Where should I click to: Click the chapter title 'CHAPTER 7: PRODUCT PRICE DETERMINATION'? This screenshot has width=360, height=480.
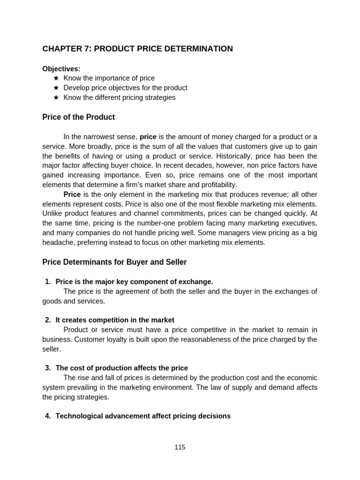click(137, 49)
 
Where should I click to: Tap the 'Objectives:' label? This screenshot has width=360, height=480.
click(61, 69)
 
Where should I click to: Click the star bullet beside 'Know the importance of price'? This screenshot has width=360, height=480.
click(56, 78)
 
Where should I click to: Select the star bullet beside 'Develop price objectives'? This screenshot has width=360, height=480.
click(56, 88)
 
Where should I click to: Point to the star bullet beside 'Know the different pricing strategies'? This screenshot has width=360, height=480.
click(56, 97)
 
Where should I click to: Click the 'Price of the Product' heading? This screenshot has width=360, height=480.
click(78, 117)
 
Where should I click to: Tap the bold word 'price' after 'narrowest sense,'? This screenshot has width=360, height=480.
click(148, 137)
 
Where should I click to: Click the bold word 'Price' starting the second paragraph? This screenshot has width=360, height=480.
click(72, 195)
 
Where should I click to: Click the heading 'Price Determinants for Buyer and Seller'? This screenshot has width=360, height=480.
click(114, 262)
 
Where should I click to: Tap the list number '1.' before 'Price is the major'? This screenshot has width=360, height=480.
click(48, 282)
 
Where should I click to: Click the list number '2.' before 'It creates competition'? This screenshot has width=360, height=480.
click(48, 320)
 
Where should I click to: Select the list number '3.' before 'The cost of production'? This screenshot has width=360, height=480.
click(48, 368)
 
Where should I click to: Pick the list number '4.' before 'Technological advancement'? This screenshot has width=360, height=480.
click(48, 416)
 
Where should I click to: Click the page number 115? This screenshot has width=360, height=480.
click(180, 447)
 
